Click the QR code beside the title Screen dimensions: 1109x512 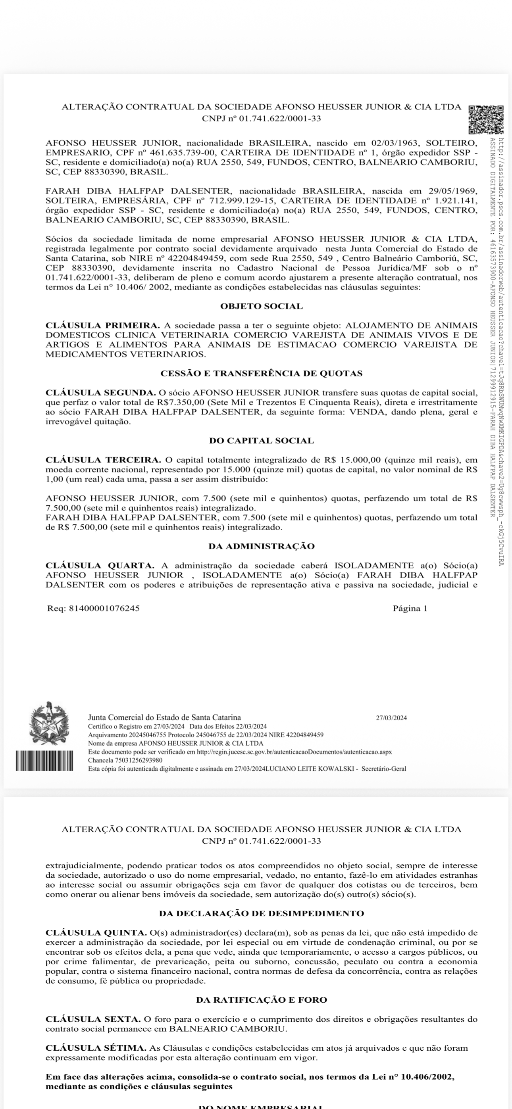tap(486, 119)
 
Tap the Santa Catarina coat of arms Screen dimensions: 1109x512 tap(49, 723)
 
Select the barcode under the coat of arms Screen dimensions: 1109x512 tap(44, 761)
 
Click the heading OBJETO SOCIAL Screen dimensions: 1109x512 tap(261, 307)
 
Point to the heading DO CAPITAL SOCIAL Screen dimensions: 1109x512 tap(261, 441)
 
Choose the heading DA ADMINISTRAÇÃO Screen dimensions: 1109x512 tap(261, 546)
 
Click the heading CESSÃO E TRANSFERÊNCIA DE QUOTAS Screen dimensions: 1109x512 tap(261, 374)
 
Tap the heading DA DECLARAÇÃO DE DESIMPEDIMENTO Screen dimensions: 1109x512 tap(261, 913)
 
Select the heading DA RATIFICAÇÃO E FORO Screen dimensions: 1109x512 tap(261, 1000)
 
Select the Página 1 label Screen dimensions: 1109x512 tap(410, 608)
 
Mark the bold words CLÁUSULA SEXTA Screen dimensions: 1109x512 tap(92, 1019)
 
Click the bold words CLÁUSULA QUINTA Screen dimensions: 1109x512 tap(96, 933)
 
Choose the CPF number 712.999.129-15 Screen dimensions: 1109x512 tap(243, 201)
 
